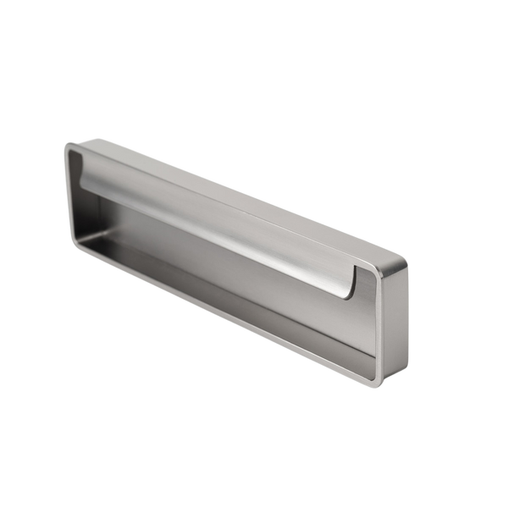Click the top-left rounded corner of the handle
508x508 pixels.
click(x=69, y=149)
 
